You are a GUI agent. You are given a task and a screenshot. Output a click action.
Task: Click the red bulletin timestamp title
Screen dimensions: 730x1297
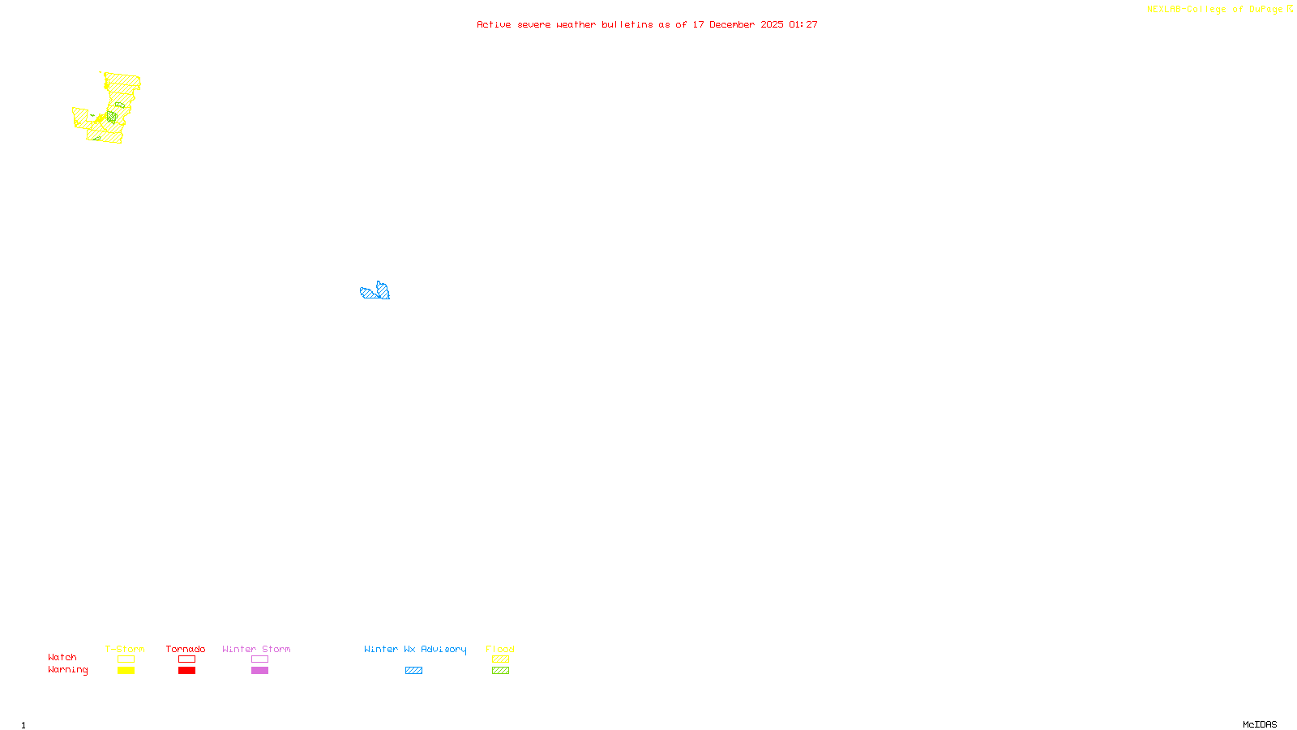[647, 24]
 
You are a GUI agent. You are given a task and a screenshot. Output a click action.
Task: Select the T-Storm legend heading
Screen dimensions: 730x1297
[125, 649]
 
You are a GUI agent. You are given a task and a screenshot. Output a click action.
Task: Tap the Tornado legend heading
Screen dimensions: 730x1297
[186, 649]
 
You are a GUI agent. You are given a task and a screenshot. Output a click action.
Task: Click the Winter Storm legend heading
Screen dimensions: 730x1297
[256, 649]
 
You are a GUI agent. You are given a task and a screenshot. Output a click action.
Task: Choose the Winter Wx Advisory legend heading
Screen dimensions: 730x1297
[415, 649]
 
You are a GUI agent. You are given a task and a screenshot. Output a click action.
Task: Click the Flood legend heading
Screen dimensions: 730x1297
[500, 649]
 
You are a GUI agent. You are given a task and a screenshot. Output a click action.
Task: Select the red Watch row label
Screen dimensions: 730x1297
[62, 657]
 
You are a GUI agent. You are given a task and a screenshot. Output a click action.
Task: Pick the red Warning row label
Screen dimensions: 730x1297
[68, 670]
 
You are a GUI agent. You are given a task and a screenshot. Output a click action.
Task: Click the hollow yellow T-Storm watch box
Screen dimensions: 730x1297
[126, 659]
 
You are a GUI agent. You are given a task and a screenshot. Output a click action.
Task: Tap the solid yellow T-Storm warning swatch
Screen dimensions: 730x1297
[126, 671]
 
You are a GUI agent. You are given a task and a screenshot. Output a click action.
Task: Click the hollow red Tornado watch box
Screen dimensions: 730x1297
[186, 659]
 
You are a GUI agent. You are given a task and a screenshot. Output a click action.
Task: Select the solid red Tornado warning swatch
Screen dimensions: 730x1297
[186, 671]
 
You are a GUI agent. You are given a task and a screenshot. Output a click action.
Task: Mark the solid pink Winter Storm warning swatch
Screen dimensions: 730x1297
[259, 671]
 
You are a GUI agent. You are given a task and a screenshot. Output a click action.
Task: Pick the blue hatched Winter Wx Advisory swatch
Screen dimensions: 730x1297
[413, 671]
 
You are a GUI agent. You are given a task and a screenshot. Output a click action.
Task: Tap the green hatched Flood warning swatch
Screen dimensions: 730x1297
[500, 671]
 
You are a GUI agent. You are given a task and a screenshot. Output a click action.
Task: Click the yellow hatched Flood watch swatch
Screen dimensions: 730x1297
[500, 659]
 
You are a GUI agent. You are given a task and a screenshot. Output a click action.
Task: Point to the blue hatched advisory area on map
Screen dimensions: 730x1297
[375, 292]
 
